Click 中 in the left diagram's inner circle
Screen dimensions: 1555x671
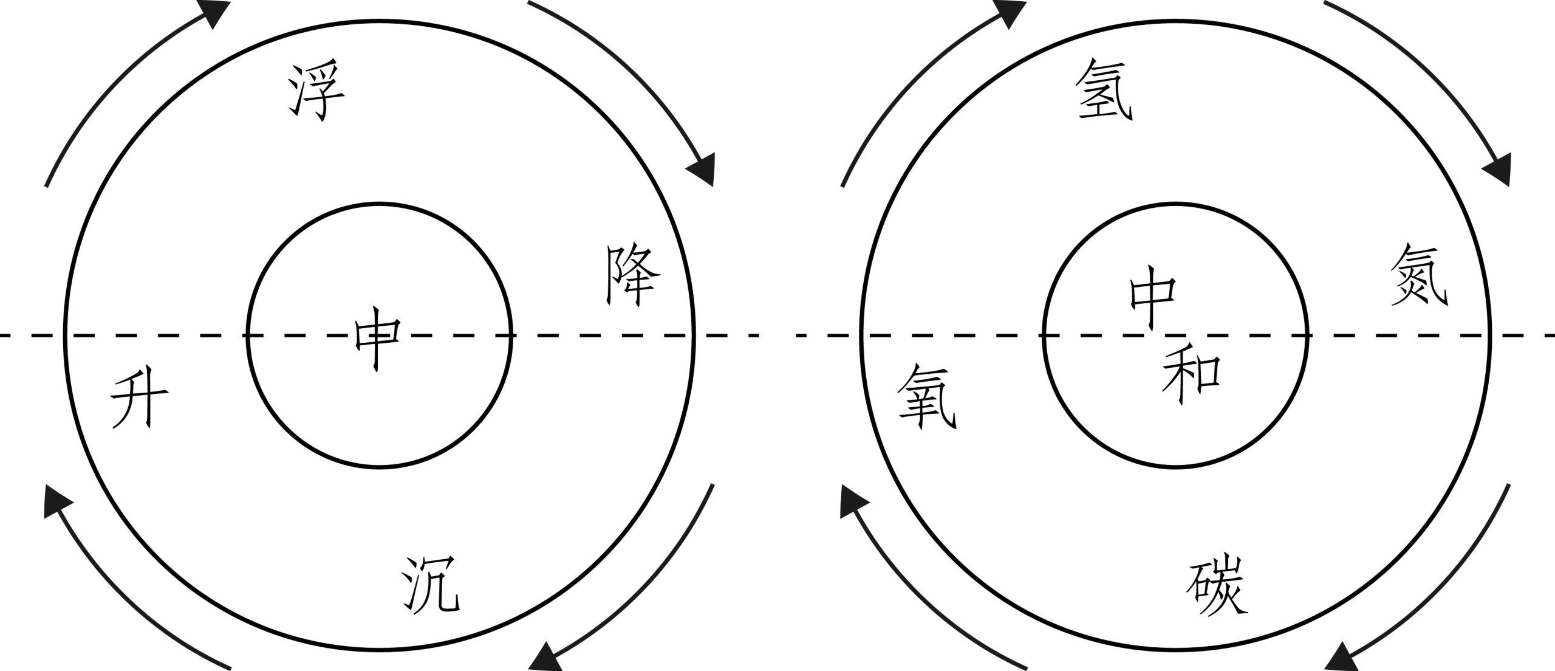[x=377, y=342]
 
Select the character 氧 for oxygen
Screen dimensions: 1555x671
[x=927, y=405]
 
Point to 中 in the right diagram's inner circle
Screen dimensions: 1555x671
[x=1152, y=304]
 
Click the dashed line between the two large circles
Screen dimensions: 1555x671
[x=777, y=335]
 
